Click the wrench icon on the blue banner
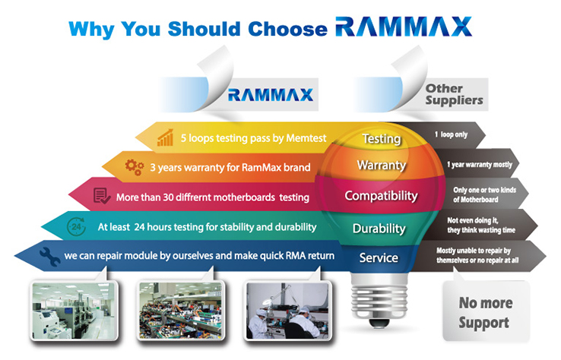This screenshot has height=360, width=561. pos(50,257)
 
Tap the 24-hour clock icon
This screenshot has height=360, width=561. pos(76,226)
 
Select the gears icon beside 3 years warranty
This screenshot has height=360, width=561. pos(134,167)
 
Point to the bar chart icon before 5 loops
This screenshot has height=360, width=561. pos(165,137)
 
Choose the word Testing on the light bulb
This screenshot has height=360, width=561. pos(382,139)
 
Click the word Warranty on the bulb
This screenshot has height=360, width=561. pos(382,165)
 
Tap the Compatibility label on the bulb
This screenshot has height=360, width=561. pos(381,196)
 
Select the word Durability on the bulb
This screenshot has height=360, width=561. pos(379,229)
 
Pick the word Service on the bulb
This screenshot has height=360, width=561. pos(379,257)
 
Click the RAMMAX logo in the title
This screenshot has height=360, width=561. pos(404,27)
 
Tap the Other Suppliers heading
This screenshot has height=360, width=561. pos(454,95)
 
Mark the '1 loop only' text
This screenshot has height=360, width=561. pos(452,134)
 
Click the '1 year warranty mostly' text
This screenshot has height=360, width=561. pos(480,165)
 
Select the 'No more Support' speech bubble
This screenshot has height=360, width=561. pos(486,309)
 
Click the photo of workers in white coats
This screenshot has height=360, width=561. pos(287,310)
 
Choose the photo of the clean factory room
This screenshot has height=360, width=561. pos(74,310)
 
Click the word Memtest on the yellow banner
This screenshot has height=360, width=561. pos(306,138)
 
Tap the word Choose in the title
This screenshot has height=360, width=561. pos(287,29)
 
